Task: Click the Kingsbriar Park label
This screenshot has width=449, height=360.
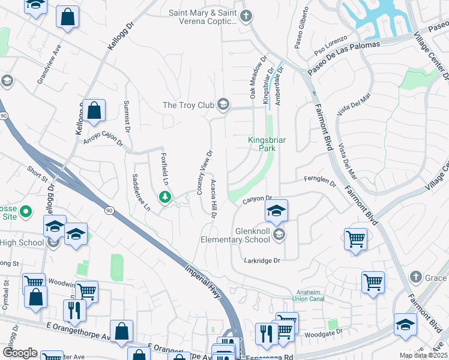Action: point(267,144)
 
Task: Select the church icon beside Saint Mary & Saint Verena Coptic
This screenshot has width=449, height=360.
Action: point(246,17)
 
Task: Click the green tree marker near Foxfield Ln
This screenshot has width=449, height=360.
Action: point(164,196)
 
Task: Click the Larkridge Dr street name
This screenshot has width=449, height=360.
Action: point(262,260)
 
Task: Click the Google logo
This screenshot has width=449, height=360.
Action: point(20,353)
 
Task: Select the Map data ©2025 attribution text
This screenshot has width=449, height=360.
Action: point(423,355)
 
